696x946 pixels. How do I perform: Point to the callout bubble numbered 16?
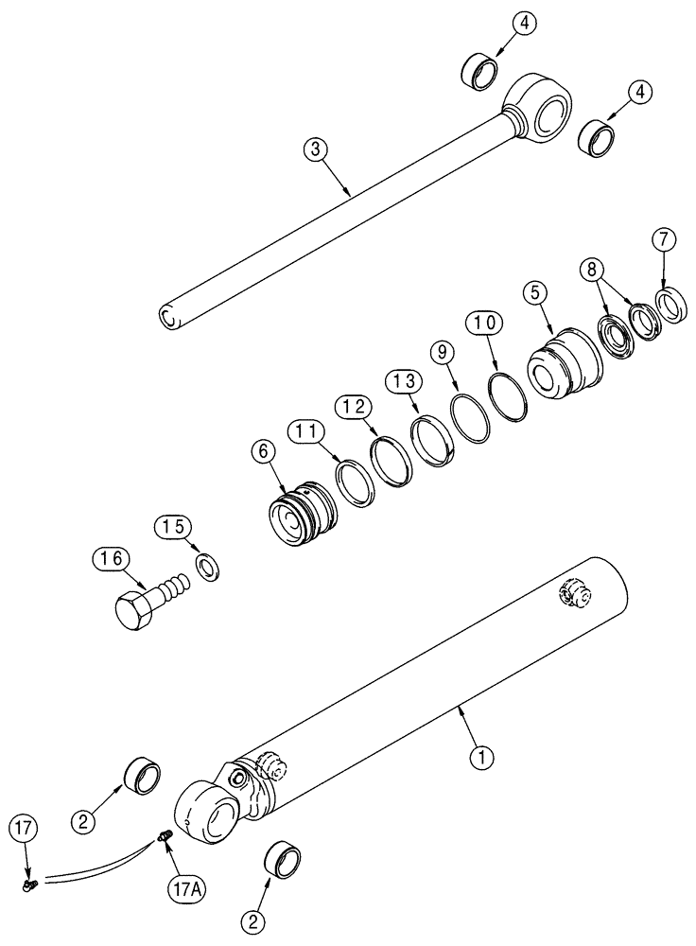click(108, 559)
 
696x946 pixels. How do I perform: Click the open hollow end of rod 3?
click(167, 317)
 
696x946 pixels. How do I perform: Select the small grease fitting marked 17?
click(27, 884)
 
